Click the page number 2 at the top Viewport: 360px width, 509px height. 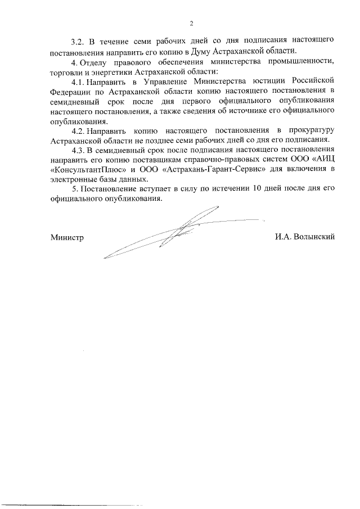(191, 23)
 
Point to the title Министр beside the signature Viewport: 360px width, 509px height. (66, 237)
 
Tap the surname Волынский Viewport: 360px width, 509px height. (312, 237)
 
